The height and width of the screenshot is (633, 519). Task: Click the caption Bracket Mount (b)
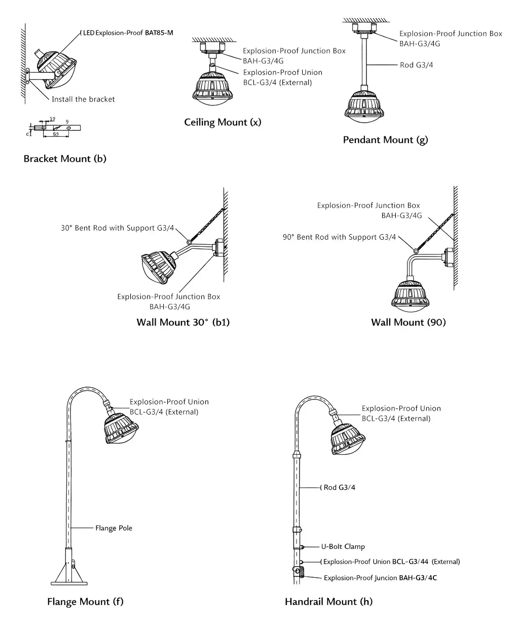(65, 159)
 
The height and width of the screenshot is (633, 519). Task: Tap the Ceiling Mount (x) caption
(223, 122)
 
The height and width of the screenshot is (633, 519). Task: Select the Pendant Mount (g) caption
(385, 140)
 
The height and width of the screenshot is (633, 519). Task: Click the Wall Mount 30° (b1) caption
(183, 322)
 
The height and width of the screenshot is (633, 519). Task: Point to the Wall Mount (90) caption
(408, 322)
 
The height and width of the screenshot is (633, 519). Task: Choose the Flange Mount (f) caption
(85, 602)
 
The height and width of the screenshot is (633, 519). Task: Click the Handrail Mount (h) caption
(328, 602)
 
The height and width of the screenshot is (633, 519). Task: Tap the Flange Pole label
(114, 528)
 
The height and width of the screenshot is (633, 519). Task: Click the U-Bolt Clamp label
(343, 546)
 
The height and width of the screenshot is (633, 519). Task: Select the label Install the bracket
(83, 99)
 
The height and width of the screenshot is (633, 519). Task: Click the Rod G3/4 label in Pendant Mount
(416, 65)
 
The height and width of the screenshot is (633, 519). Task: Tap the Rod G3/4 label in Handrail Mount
(339, 488)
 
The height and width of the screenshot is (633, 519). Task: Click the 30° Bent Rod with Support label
(117, 228)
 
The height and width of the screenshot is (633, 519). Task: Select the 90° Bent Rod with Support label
(339, 237)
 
